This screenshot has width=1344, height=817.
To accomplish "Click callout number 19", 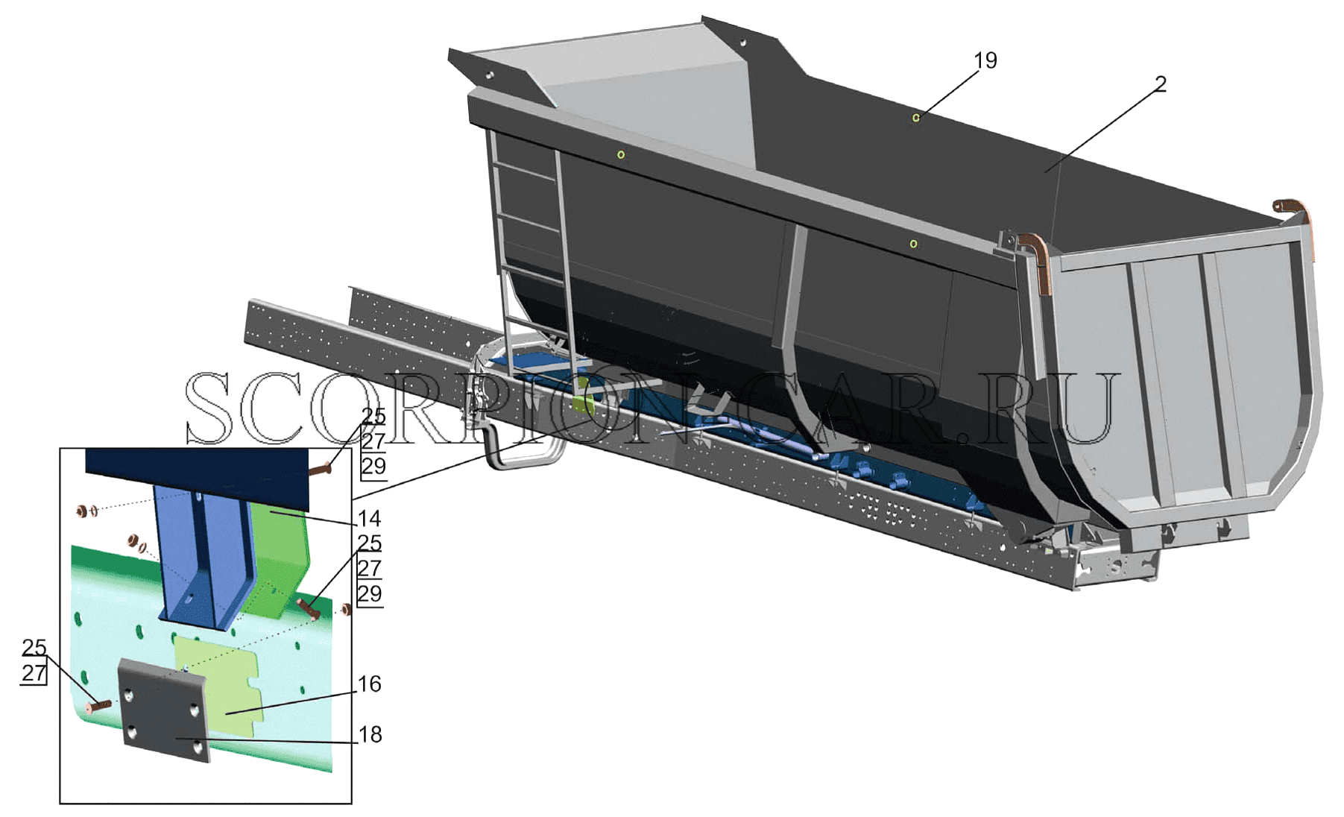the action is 985,60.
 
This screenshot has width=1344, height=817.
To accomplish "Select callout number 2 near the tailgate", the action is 1161,84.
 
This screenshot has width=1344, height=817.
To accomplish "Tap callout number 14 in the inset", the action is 369,518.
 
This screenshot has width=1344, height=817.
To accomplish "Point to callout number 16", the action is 370,684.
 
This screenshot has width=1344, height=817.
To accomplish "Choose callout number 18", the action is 370,734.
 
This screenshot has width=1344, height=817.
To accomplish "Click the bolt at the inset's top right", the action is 320,469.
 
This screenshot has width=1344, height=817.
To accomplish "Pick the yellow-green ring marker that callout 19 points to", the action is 916,118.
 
